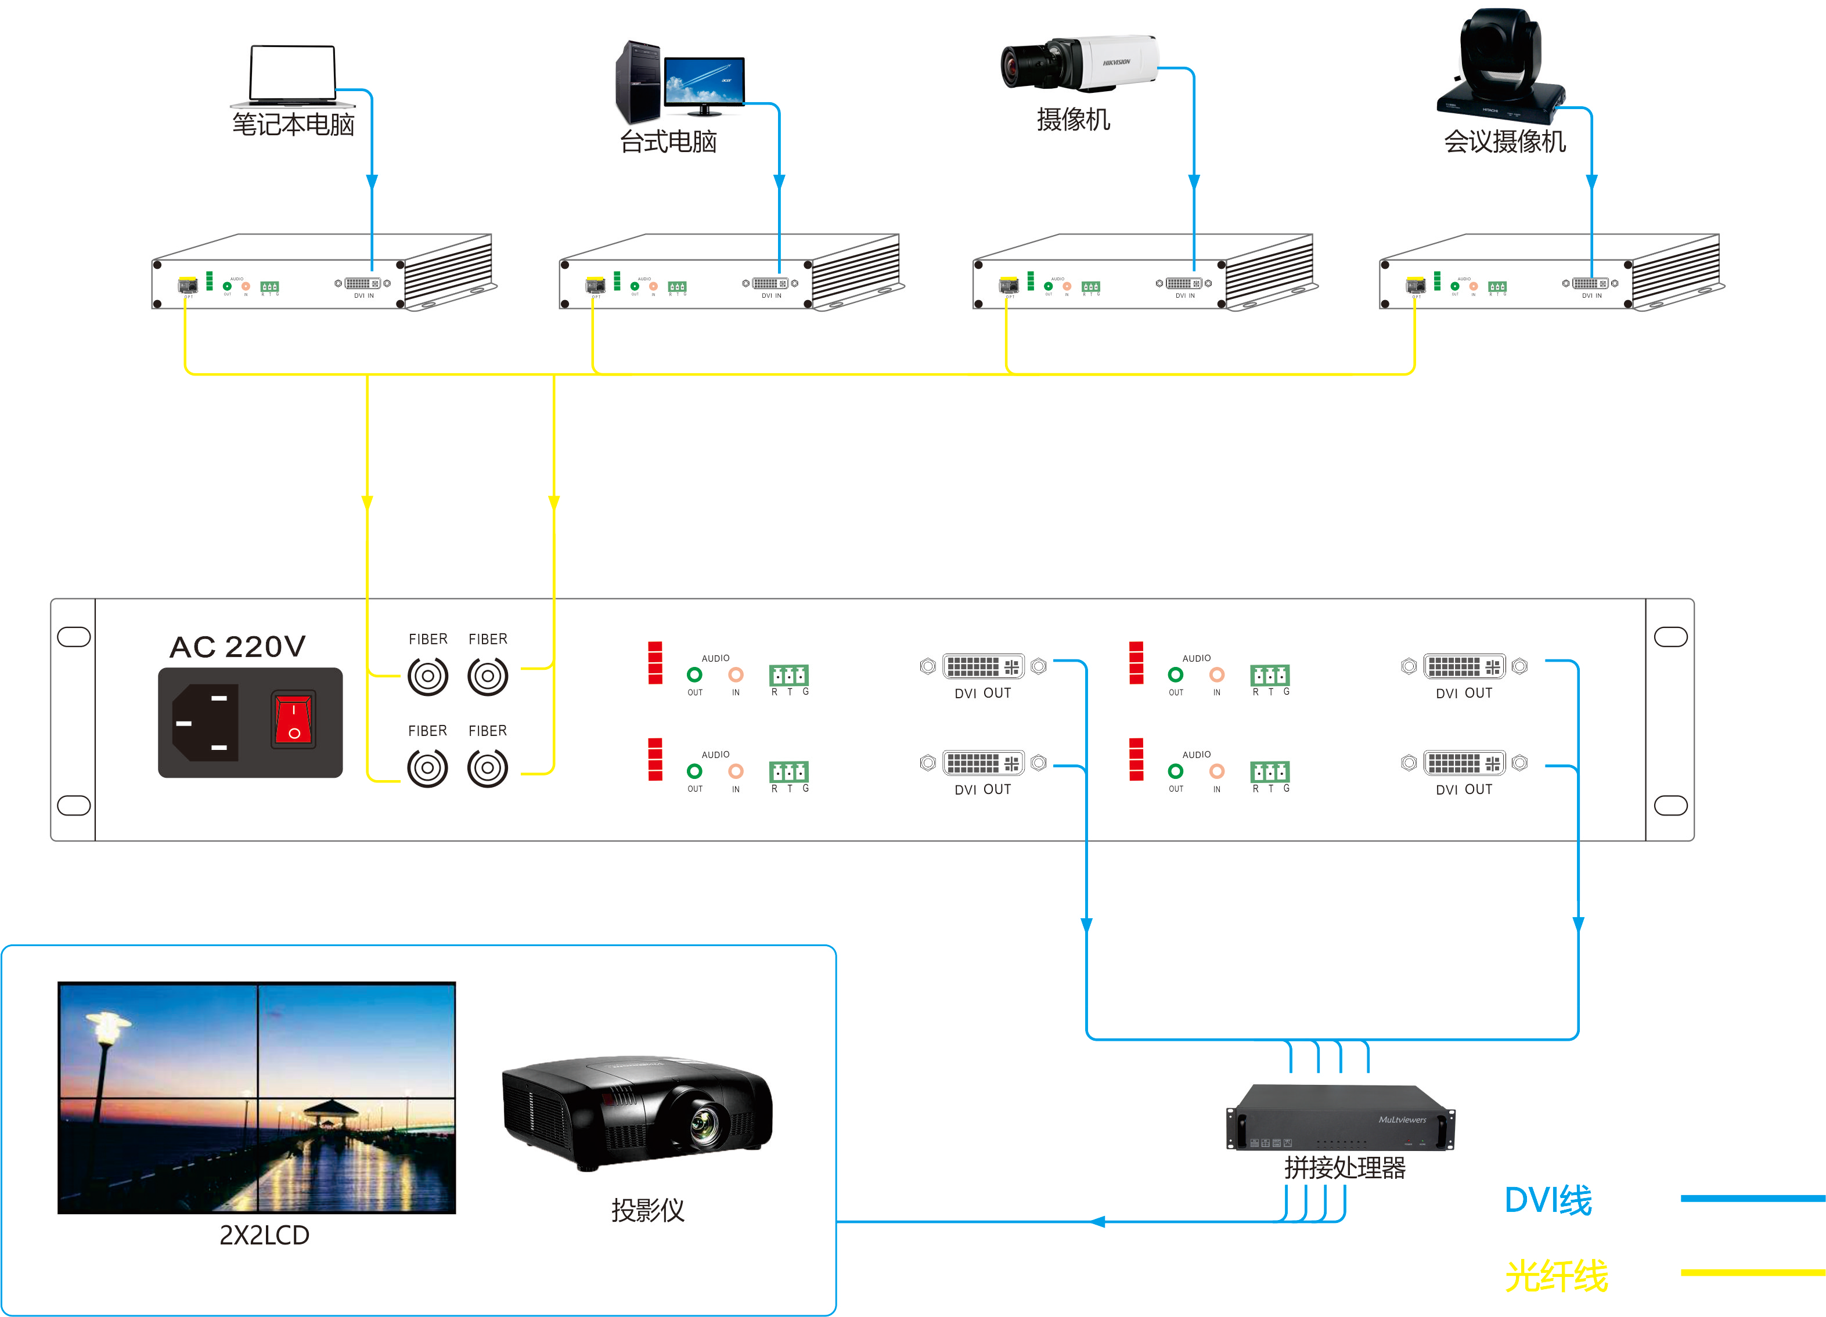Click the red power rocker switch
tap(293, 719)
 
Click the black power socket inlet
tap(206, 722)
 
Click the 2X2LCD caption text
tap(264, 1235)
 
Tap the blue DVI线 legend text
tap(1547, 1200)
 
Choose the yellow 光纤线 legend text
tap(1555, 1276)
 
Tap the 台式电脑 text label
tap(668, 142)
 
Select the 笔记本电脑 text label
tap(293, 125)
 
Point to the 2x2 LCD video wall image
tap(257, 1097)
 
